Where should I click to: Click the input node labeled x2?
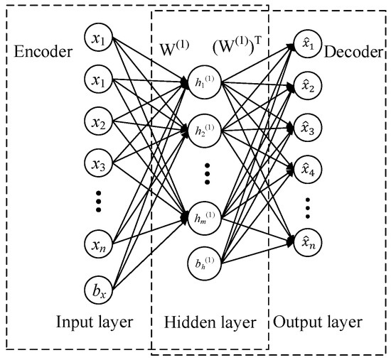tap(98, 124)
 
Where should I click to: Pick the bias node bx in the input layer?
tap(98, 289)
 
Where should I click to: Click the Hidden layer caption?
tap(210, 323)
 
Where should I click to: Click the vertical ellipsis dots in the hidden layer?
tap(206, 173)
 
